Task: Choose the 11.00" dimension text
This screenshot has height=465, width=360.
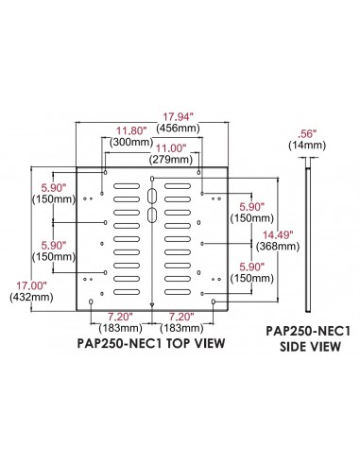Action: pos(172,148)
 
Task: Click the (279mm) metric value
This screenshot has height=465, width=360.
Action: pos(172,159)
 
